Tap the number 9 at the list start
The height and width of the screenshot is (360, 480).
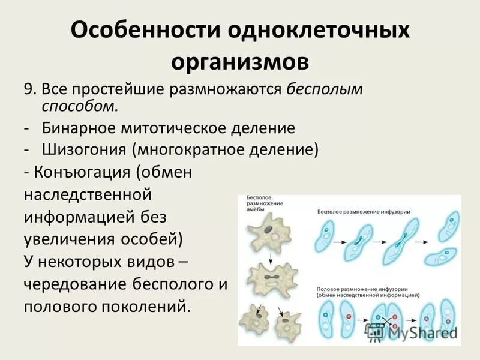(x=29, y=89)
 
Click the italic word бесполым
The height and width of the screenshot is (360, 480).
(x=324, y=89)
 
